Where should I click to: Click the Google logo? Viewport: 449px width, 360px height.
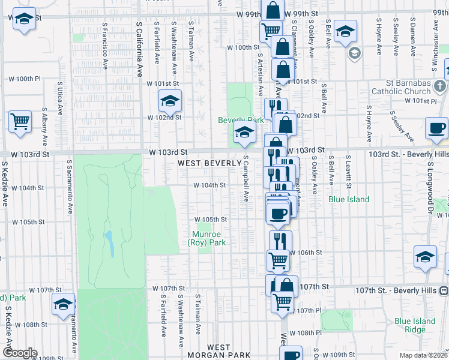tap(19, 353)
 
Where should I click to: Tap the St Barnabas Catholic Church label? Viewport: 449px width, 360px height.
tap(401, 87)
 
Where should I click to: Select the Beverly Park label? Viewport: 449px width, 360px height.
tap(241, 120)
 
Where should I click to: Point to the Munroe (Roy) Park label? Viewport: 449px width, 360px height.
tap(207, 238)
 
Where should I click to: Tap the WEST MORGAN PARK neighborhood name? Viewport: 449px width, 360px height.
tap(218, 351)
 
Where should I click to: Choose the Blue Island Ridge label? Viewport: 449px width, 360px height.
tap(415, 325)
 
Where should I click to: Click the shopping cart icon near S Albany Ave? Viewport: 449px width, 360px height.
tap(20, 122)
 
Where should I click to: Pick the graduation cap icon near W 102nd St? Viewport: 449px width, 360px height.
tap(170, 101)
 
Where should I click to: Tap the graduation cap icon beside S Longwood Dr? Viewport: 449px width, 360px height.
tap(425, 257)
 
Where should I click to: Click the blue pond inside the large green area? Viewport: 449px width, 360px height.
tap(110, 242)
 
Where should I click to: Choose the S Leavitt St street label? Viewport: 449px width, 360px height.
tap(348, 173)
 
